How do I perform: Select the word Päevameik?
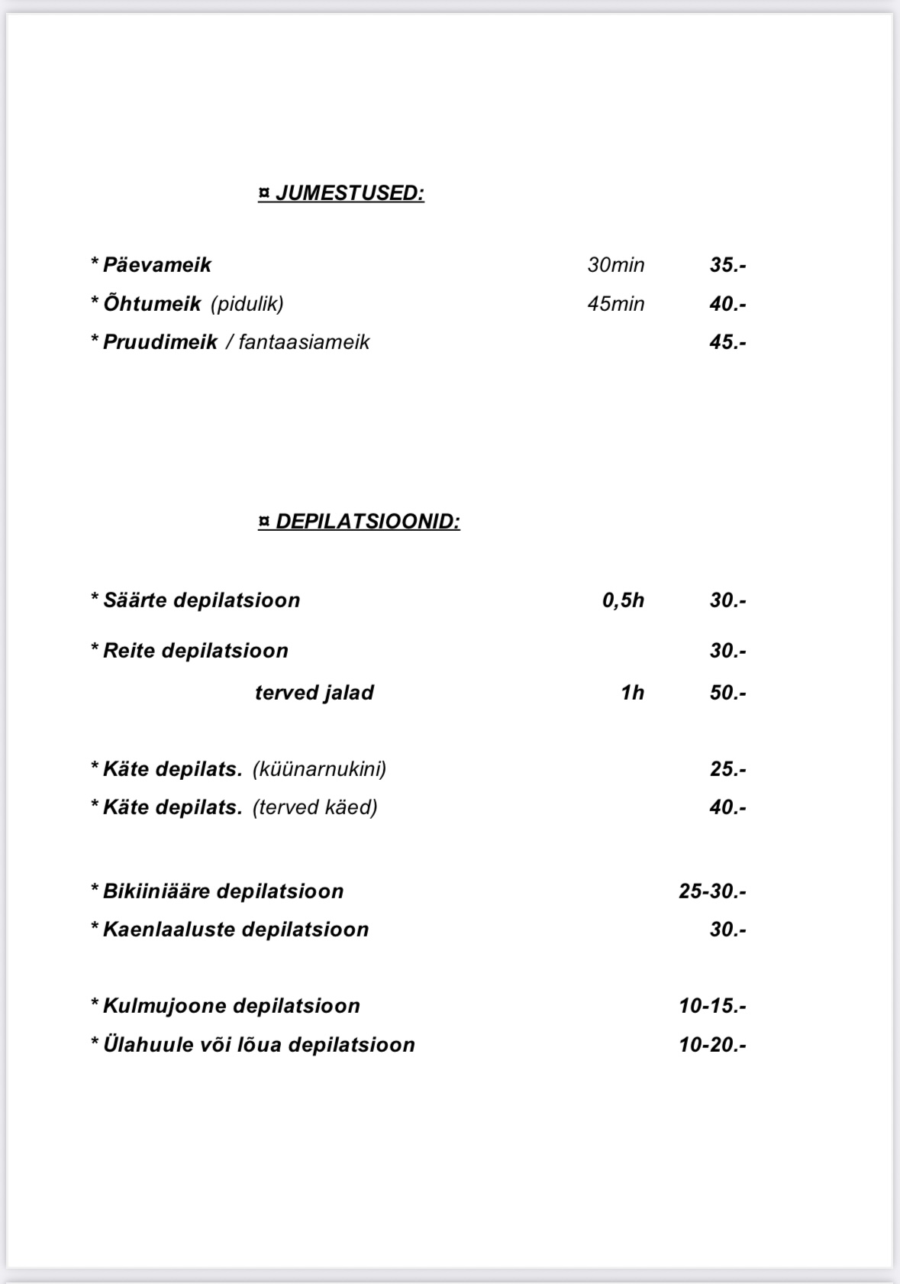tap(156, 265)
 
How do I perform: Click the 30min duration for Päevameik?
tap(615, 265)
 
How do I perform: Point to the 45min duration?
tap(615, 304)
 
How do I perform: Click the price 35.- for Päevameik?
tap(727, 265)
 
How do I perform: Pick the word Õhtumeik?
tap(152, 304)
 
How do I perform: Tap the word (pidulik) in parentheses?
tap(247, 304)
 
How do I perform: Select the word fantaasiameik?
tap(304, 342)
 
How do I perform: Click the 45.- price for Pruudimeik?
tap(727, 342)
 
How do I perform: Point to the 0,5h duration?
tap(623, 600)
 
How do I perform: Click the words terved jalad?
tap(314, 693)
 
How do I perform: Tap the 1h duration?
tap(632, 693)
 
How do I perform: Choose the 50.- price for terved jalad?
tap(727, 693)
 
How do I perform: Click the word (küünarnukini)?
tap(319, 768)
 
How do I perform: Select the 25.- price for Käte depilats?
tap(727, 768)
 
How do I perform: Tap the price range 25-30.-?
tap(711, 891)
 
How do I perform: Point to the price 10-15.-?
tap(711, 1006)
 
